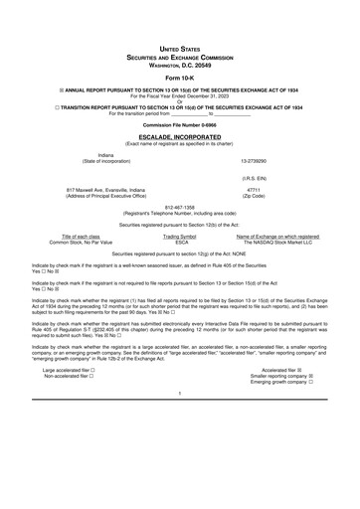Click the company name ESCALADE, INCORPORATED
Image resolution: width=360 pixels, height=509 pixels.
pos(179,137)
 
